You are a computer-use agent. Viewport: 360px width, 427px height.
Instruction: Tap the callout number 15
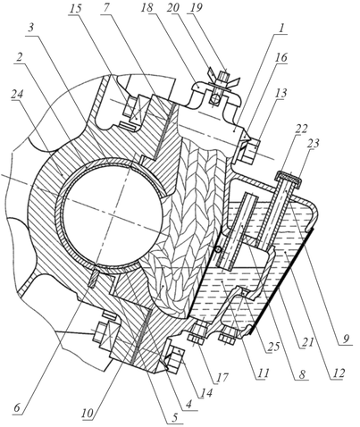point(76,8)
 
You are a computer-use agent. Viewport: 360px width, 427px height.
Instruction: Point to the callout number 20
point(173,8)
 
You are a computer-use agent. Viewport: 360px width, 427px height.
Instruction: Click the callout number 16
point(280,57)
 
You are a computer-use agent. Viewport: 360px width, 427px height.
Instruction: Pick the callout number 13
point(280,93)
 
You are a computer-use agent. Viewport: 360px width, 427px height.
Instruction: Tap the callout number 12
point(339,373)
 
